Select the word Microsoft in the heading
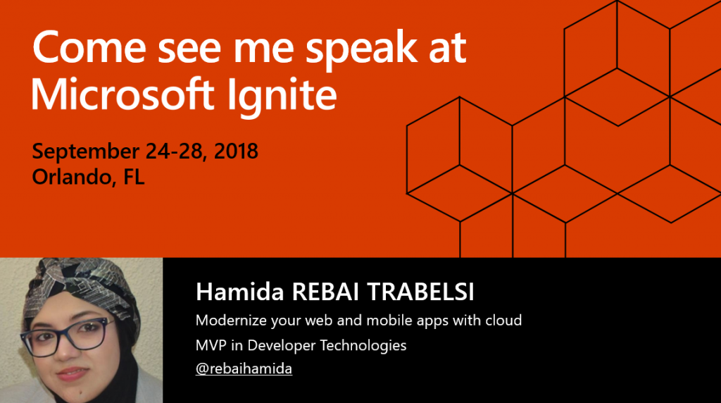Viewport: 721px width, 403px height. pyautogui.click(x=123, y=94)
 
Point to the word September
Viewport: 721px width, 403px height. pyautogui.click(x=85, y=152)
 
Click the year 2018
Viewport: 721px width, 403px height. pyautogui.click(x=236, y=151)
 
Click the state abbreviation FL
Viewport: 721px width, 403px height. pyautogui.click(x=134, y=177)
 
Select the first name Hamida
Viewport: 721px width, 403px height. pyautogui.click(x=239, y=292)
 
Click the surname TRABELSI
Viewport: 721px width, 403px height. pyautogui.click(x=420, y=292)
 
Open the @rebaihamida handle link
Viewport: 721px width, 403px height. pyautogui.click(x=244, y=368)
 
